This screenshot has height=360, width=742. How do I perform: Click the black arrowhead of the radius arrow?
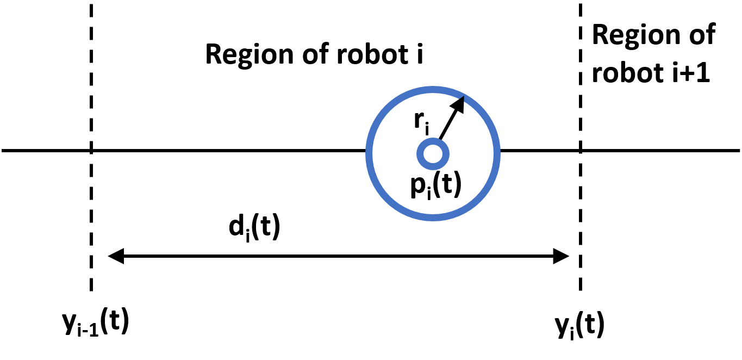459,103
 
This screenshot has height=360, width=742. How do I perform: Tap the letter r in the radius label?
419,120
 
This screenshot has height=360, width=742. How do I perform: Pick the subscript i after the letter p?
429,193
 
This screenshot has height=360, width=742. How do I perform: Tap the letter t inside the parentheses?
445,184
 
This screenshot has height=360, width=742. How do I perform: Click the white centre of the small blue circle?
433,154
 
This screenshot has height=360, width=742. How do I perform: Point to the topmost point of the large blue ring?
433,89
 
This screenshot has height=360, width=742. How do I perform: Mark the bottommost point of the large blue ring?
433,218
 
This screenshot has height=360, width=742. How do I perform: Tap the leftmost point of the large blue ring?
369,154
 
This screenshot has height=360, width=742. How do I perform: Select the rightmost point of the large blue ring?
497,154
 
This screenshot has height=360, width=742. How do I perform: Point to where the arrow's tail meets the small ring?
440,140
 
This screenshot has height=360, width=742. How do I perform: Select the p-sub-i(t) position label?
436,185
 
